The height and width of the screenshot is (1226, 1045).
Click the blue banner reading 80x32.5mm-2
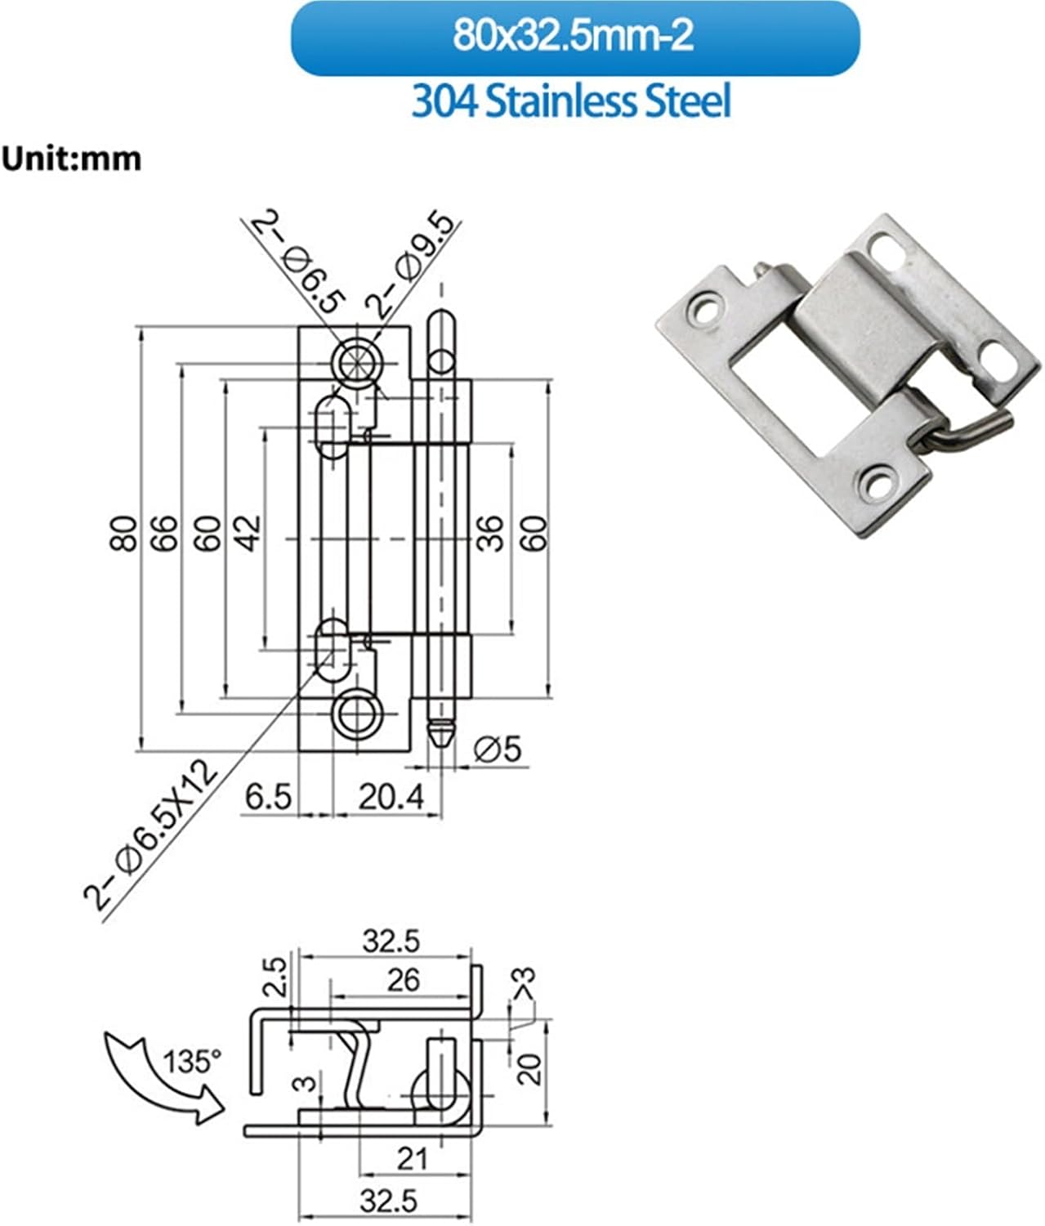(574, 38)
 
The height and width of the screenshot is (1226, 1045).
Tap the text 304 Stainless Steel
(571, 102)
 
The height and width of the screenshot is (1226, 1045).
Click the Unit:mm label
(71, 158)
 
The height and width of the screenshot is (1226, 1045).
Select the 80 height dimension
(124, 533)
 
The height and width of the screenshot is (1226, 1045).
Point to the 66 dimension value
(166, 533)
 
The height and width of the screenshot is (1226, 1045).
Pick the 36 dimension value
(490, 533)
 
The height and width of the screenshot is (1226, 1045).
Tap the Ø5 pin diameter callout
(497, 748)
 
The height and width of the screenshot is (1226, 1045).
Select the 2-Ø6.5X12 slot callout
(151, 834)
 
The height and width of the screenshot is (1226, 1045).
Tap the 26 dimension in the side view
(403, 979)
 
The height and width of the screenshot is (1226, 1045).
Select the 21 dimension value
(412, 1157)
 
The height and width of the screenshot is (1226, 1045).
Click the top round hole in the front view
(356, 360)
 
